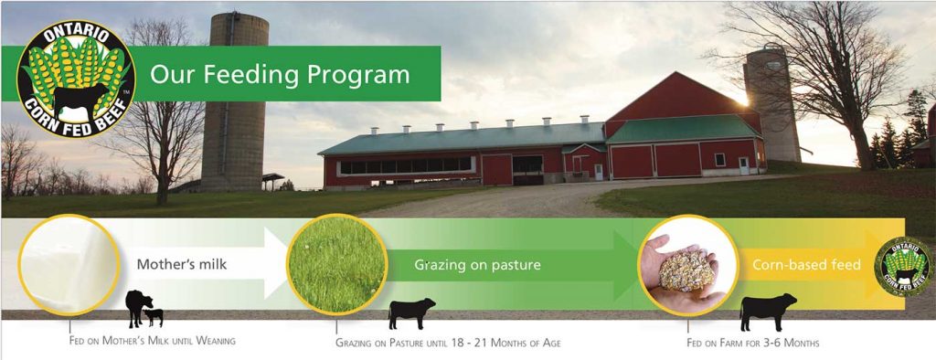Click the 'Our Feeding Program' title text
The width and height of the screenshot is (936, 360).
280,74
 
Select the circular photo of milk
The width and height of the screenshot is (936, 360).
69,264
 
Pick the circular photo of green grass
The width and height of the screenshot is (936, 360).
335,265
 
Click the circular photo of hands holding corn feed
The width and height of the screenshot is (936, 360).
687,265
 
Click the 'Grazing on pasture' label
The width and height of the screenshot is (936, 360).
477,265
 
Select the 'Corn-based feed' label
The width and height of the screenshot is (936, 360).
806,266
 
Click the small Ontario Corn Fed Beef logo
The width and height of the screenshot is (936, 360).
904,267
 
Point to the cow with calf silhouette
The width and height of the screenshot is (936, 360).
144,309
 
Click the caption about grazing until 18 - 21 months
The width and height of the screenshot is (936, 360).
448,343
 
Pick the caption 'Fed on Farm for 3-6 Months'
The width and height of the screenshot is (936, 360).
752,343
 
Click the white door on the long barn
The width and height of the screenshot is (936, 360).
599,170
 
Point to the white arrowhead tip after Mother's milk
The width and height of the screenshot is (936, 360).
282,265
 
